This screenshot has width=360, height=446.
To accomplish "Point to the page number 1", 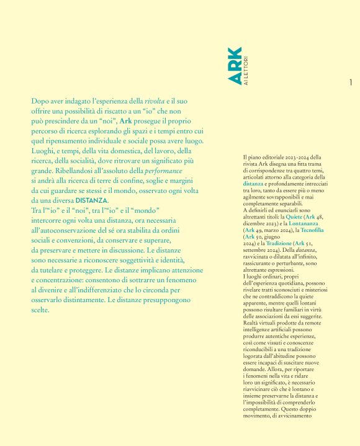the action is [351, 83].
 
